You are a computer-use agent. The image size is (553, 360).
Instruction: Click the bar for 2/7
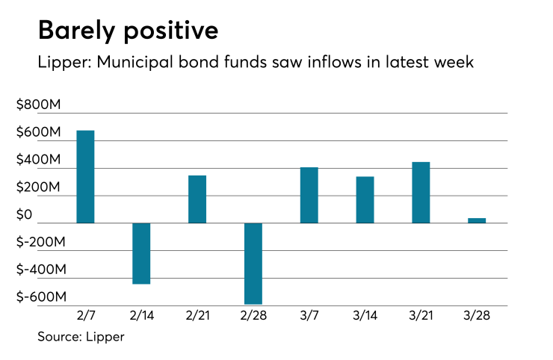[85, 177]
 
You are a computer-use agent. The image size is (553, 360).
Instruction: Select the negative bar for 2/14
[141, 253]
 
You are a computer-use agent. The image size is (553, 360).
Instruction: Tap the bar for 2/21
[197, 199]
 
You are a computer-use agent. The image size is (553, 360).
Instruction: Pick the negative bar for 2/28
[253, 264]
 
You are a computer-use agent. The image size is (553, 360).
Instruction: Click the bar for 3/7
[309, 195]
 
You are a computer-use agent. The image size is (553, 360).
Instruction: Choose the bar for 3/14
[365, 200]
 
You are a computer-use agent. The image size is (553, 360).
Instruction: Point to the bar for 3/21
[421, 193]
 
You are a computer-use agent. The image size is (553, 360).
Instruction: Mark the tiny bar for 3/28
[477, 220]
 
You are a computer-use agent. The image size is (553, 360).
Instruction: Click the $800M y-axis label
[38, 105]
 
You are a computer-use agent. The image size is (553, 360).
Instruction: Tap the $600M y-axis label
[38, 133]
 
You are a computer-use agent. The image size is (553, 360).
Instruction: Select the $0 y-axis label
[25, 215]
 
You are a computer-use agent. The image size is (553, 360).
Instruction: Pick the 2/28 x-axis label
[253, 317]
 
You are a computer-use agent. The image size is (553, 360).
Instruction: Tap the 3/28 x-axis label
[477, 317]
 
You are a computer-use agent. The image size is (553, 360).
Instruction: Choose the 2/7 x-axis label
[85, 317]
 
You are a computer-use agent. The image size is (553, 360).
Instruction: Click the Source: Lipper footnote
[81, 336]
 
